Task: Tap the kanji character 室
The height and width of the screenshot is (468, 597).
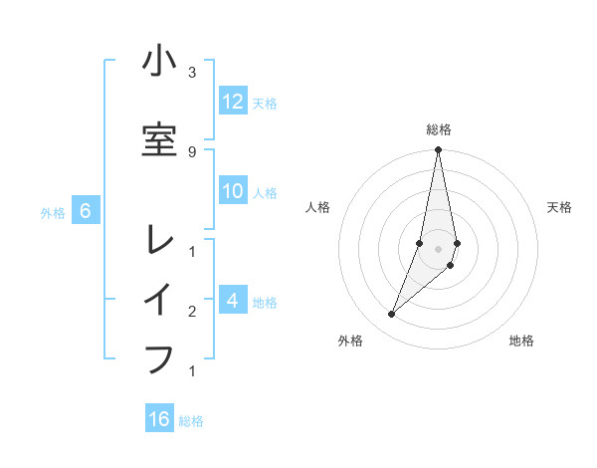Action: pos(159,139)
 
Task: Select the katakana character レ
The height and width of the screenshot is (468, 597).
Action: pos(159,239)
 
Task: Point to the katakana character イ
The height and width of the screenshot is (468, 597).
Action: pos(159,299)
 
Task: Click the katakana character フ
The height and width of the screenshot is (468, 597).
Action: pos(159,358)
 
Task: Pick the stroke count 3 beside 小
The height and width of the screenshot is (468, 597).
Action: pos(191,73)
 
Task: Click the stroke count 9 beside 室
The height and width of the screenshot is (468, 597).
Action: pos(191,151)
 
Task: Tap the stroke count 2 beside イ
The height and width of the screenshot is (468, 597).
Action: pos(191,312)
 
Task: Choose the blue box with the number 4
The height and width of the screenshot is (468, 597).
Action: pos(232,300)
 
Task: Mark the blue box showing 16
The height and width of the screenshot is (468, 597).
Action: pos(159,419)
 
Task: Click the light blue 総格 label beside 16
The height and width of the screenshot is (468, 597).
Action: pos(191,421)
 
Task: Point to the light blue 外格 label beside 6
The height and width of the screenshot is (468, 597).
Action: pos(53,212)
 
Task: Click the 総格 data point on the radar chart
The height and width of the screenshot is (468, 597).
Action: pos(438,150)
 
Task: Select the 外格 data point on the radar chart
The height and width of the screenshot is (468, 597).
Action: pos(391,315)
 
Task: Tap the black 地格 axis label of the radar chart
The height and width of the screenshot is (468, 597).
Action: pos(521,341)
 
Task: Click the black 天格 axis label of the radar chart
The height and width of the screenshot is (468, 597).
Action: pos(560,207)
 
